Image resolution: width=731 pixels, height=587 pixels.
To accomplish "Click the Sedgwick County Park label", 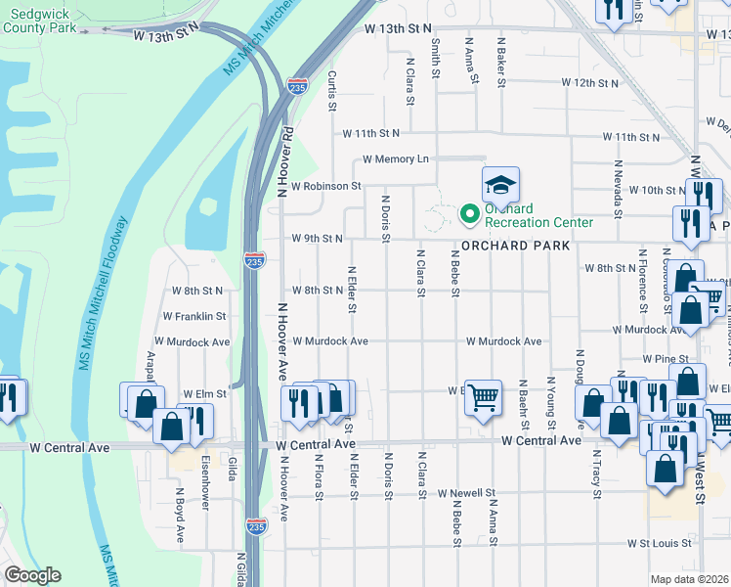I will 40,22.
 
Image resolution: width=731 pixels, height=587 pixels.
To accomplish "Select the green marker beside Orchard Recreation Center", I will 469,211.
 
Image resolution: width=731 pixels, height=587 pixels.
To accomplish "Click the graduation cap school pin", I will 500,185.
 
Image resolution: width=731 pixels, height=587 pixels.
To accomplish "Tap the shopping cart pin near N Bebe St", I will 483,397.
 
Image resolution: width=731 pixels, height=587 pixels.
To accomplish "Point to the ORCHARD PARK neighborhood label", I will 515,246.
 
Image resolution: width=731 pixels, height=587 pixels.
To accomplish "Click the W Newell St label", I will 467,493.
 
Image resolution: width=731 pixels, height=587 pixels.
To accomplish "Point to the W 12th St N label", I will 584,83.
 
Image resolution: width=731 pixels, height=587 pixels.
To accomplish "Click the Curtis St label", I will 333,90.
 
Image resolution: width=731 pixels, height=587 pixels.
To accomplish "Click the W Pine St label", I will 660,359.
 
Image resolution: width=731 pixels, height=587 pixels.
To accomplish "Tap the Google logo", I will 32,575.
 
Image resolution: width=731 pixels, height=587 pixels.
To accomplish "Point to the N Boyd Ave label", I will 180,517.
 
